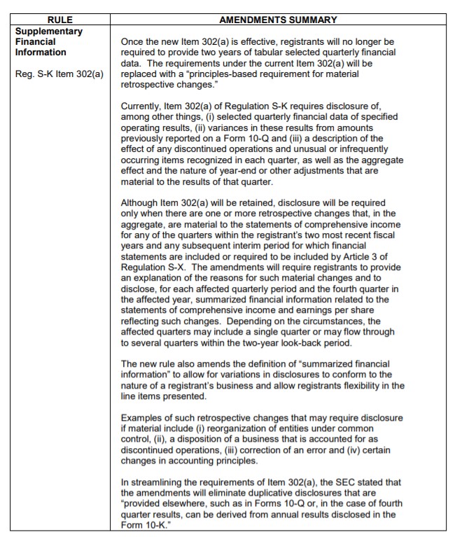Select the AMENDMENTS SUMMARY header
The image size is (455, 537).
click(278, 20)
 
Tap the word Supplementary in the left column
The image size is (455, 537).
click(48, 31)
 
